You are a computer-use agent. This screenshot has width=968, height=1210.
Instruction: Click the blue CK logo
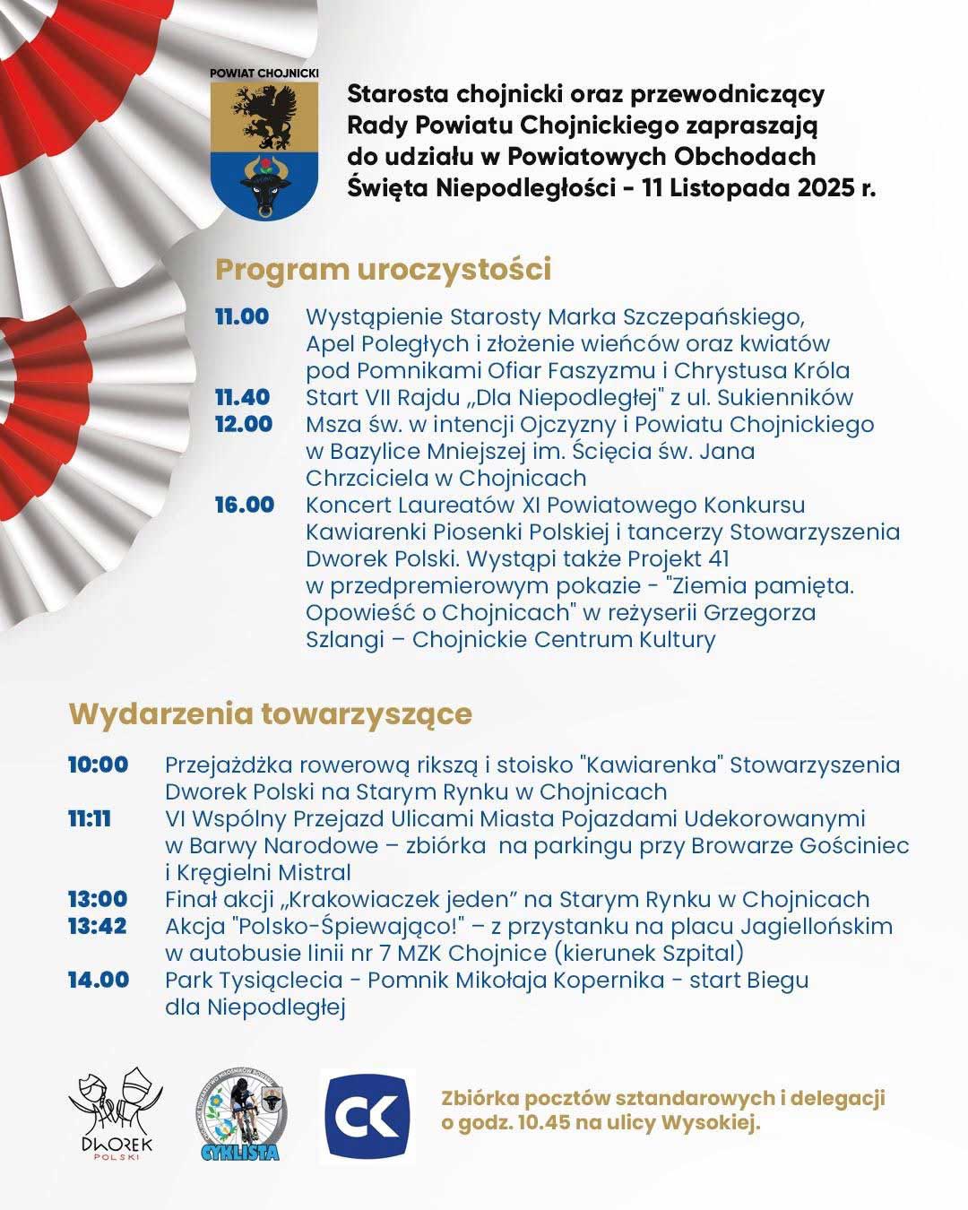[367, 1116]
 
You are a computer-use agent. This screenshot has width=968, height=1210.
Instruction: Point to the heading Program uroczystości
[383, 269]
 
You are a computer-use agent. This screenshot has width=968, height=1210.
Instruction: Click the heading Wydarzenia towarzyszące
[271, 714]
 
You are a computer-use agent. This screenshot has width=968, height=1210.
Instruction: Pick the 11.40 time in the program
[242, 397]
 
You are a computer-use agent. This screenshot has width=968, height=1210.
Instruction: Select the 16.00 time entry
[244, 505]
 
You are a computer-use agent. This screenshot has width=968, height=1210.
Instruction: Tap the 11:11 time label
[90, 818]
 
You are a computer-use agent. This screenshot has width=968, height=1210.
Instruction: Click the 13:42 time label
[97, 926]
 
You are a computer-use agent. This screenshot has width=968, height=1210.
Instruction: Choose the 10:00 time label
[98, 765]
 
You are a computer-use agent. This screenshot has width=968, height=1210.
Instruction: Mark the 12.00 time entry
[243, 424]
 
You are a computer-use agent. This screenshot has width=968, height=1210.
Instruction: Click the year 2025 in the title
[830, 188]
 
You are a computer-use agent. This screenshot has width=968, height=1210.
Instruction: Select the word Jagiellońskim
[812, 926]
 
